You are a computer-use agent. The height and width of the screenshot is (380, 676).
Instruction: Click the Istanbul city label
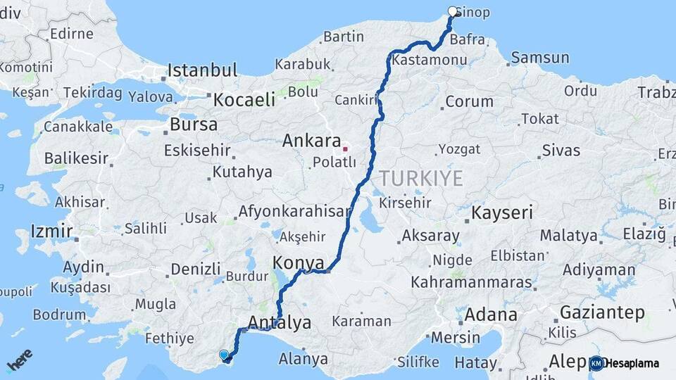point(202,70)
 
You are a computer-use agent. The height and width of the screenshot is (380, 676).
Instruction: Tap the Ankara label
point(311,140)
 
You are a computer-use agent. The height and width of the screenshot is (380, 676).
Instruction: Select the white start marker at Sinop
point(453,11)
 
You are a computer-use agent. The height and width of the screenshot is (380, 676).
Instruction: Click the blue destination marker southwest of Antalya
point(224,355)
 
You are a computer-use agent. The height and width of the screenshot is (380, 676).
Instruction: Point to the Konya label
point(298,262)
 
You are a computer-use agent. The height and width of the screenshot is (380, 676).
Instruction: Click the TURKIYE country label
point(421,178)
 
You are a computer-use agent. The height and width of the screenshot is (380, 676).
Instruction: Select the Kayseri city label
point(502,213)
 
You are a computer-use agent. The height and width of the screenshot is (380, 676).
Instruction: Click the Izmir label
point(51,231)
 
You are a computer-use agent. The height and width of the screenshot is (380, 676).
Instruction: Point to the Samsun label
point(540,58)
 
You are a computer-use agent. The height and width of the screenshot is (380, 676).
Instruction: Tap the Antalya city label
point(280,323)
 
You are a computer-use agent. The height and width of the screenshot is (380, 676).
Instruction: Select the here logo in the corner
point(20,360)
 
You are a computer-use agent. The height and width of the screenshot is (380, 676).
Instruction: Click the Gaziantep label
point(602,312)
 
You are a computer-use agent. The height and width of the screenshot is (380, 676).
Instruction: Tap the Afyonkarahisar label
point(294,211)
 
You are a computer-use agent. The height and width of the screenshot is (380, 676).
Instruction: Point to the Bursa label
point(194,125)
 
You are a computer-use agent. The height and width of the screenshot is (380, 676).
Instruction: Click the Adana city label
point(491,314)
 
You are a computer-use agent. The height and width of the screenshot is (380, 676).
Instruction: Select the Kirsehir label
point(405,202)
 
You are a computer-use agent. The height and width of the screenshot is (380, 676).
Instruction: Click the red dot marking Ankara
point(345,149)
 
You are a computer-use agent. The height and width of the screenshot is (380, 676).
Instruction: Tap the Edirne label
point(71,33)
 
